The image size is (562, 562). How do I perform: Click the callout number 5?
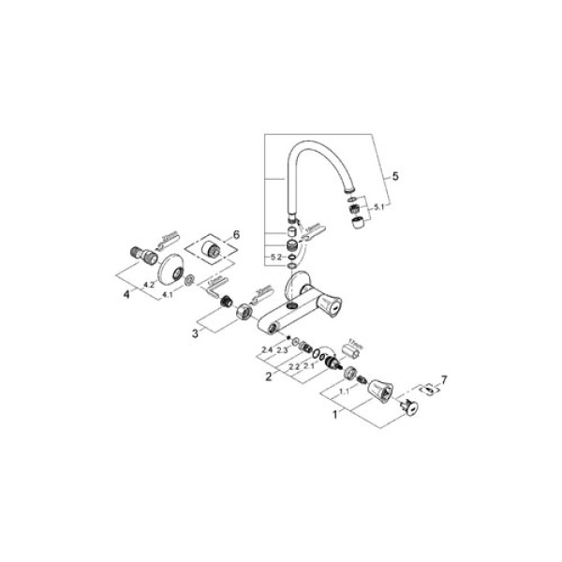pyautogui.click(x=395, y=175)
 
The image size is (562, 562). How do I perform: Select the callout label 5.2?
pyautogui.click(x=275, y=256)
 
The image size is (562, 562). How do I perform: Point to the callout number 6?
pyautogui.click(x=237, y=234)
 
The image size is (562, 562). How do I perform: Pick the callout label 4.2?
pyautogui.click(x=149, y=282)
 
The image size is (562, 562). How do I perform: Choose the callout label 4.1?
pyautogui.click(x=169, y=295)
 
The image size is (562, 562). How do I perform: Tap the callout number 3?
pyautogui.click(x=196, y=331)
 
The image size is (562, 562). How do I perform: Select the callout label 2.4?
pyautogui.click(x=267, y=349)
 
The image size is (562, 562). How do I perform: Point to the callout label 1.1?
pyautogui.click(x=344, y=392)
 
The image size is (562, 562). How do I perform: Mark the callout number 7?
pyautogui.click(x=445, y=379)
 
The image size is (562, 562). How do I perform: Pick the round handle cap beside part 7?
pyautogui.click(x=407, y=406)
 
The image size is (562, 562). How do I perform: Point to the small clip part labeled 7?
pyautogui.click(x=425, y=387)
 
